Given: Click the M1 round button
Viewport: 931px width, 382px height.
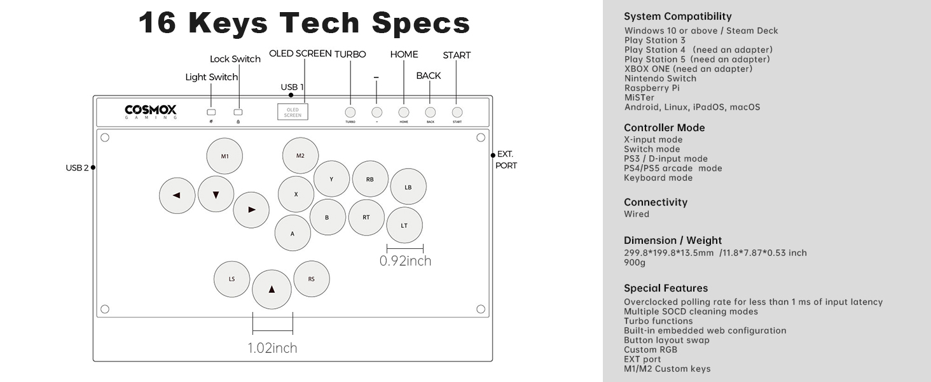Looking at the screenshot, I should click(224, 156).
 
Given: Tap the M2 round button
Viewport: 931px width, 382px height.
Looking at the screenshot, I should click(300, 155).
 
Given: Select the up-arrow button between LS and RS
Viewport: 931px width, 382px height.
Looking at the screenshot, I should click(272, 289).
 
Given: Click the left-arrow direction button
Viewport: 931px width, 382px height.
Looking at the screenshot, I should click(177, 195).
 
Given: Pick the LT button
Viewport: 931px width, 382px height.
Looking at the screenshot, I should click(404, 225).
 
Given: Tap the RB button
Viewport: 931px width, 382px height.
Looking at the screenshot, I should click(370, 179).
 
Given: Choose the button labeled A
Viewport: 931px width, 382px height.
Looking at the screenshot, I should click(293, 233).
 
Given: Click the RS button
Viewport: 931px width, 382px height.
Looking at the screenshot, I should click(311, 279).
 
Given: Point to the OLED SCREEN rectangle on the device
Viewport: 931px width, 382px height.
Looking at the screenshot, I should click(293, 112).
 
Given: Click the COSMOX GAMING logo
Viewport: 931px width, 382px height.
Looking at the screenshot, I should click(151, 112).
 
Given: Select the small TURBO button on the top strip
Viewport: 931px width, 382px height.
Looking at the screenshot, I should click(350, 112).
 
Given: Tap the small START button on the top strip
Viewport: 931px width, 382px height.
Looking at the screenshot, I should click(457, 112).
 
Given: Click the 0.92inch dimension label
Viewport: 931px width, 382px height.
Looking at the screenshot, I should click(405, 261).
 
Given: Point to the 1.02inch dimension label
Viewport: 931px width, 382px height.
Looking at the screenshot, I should click(272, 348).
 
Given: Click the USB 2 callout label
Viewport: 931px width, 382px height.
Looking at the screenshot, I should click(77, 168).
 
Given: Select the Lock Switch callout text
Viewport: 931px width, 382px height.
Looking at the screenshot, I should click(235, 59).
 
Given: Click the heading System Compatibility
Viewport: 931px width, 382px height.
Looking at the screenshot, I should click(678, 17).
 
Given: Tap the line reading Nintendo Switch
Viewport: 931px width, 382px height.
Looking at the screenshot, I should click(660, 78).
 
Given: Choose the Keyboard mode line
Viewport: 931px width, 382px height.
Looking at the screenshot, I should click(658, 178).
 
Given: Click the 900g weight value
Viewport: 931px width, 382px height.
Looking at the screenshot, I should click(635, 262).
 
